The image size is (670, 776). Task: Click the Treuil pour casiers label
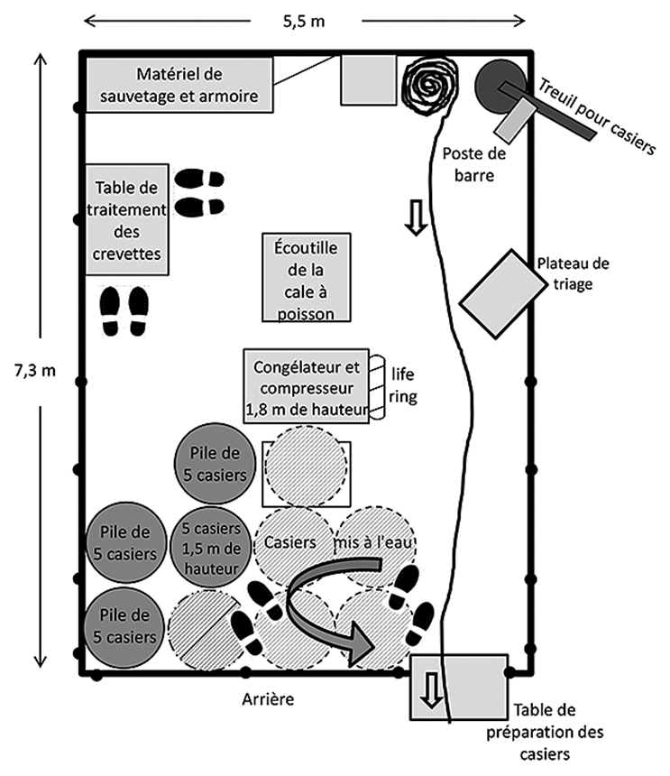pos(598,115)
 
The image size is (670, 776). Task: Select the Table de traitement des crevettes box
pos(128,219)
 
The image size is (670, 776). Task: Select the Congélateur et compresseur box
pos(307,388)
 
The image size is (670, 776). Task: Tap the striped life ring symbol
pos(380,387)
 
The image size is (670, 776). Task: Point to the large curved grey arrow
pos(334,605)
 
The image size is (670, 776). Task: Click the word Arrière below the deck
pos(269,700)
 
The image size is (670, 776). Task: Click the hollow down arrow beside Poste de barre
pos(415,218)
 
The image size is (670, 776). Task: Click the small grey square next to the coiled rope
pos(368,79)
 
